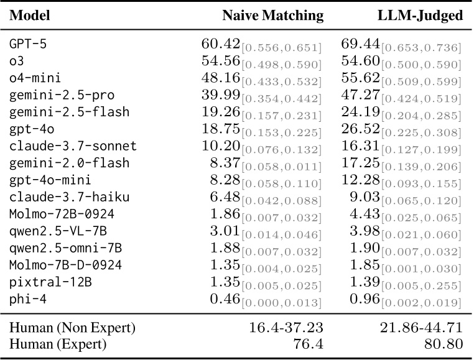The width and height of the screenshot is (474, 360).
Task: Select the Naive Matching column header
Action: [x=273, y=16]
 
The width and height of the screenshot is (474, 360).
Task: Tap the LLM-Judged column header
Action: [x=421, y=16]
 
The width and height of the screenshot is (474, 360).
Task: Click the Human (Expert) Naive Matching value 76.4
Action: [x=310, y=343]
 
